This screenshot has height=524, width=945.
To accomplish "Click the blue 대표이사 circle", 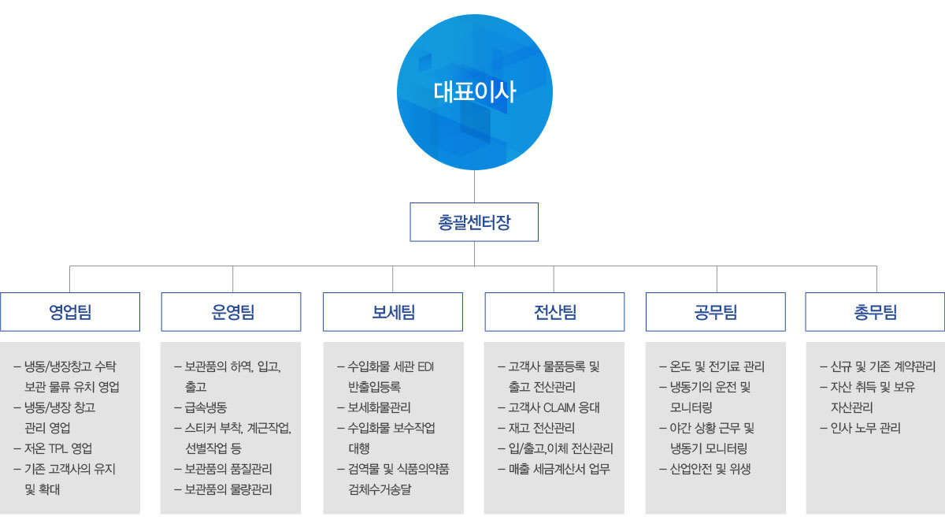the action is [x=475, y=92].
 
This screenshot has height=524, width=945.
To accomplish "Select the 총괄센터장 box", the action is [x=474, y=222].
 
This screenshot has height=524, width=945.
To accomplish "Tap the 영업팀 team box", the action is [x=70, y=312].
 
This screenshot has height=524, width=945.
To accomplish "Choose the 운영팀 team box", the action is [x=232, y=312].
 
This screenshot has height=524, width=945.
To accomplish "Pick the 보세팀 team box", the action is [x=393, y=312].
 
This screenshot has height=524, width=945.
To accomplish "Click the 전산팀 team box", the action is [x=554, y=312].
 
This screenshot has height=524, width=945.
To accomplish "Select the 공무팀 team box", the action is [x=716, y=312].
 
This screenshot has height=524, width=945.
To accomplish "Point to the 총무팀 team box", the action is [x=875, y=312].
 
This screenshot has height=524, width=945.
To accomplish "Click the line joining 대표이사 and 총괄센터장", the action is [x=474, y=187].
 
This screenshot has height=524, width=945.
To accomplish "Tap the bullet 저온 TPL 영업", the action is [x=54, y=448].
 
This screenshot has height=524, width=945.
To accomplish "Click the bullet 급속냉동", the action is [x=201, y=407].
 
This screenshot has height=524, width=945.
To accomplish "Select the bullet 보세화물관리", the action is [x=374, y=407].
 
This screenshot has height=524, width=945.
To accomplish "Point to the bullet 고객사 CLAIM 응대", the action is [x=549, y=407].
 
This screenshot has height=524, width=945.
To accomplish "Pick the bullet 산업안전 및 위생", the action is [x=705, y=469].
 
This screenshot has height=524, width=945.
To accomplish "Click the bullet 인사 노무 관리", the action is [x=861, y=428].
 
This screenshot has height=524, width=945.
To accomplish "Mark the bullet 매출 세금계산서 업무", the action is [x=554, y=469].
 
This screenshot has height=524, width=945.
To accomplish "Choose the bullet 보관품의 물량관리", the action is [x=223, y=490].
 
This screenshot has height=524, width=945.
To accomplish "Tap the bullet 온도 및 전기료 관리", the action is [x=712, y=366].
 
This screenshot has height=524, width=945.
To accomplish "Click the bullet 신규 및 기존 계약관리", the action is [x=878, y=366].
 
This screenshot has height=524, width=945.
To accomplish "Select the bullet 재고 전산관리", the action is [x=536, y=428].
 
